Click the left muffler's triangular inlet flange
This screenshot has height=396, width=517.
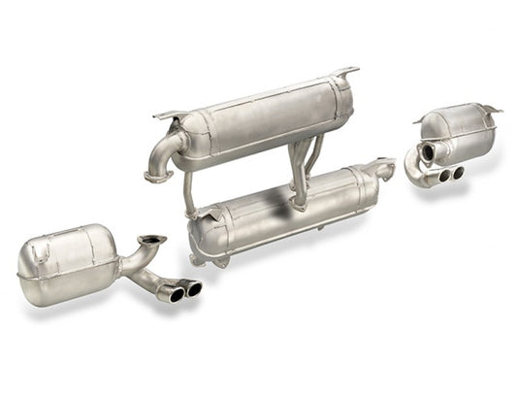point(151,240)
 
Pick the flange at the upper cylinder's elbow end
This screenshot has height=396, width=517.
point(155,176)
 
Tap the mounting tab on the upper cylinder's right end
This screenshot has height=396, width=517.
point(345,71)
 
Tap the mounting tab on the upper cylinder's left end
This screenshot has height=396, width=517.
point(171,115)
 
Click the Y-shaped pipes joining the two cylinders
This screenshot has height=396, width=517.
point(303,167)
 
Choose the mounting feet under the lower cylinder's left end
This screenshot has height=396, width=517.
point(204,258)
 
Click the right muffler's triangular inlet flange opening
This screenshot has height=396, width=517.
point(426,153)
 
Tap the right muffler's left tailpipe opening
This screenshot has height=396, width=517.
point(445,176)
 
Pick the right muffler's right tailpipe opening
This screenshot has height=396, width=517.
point(458,173)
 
